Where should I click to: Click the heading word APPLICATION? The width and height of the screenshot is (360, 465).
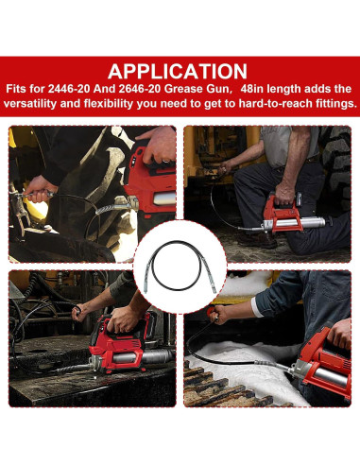point(178,72)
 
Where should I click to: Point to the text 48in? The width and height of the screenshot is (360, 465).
point(252,89)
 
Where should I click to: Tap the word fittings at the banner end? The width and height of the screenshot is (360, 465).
point(335,104)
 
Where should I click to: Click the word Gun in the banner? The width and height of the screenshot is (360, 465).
point(219,89)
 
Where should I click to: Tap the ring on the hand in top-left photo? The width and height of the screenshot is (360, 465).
point(165,161)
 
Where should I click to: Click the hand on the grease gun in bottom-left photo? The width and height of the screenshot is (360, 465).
point(123,319)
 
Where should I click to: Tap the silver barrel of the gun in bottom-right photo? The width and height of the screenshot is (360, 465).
point(332,376)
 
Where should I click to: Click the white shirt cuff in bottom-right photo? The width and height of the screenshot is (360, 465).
point(256,307)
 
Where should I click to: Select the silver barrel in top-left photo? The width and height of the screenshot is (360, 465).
point(163,198)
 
